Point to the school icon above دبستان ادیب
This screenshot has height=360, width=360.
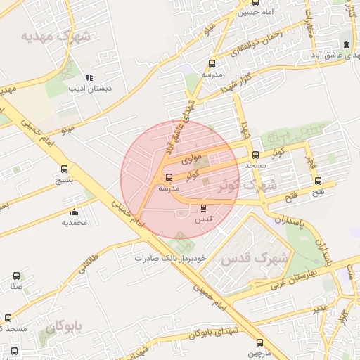89,77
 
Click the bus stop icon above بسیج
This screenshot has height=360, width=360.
65,169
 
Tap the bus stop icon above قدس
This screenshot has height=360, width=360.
204,208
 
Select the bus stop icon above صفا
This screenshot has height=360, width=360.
16,277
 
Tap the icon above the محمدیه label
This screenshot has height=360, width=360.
75,212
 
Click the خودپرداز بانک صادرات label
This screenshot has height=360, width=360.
172,258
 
